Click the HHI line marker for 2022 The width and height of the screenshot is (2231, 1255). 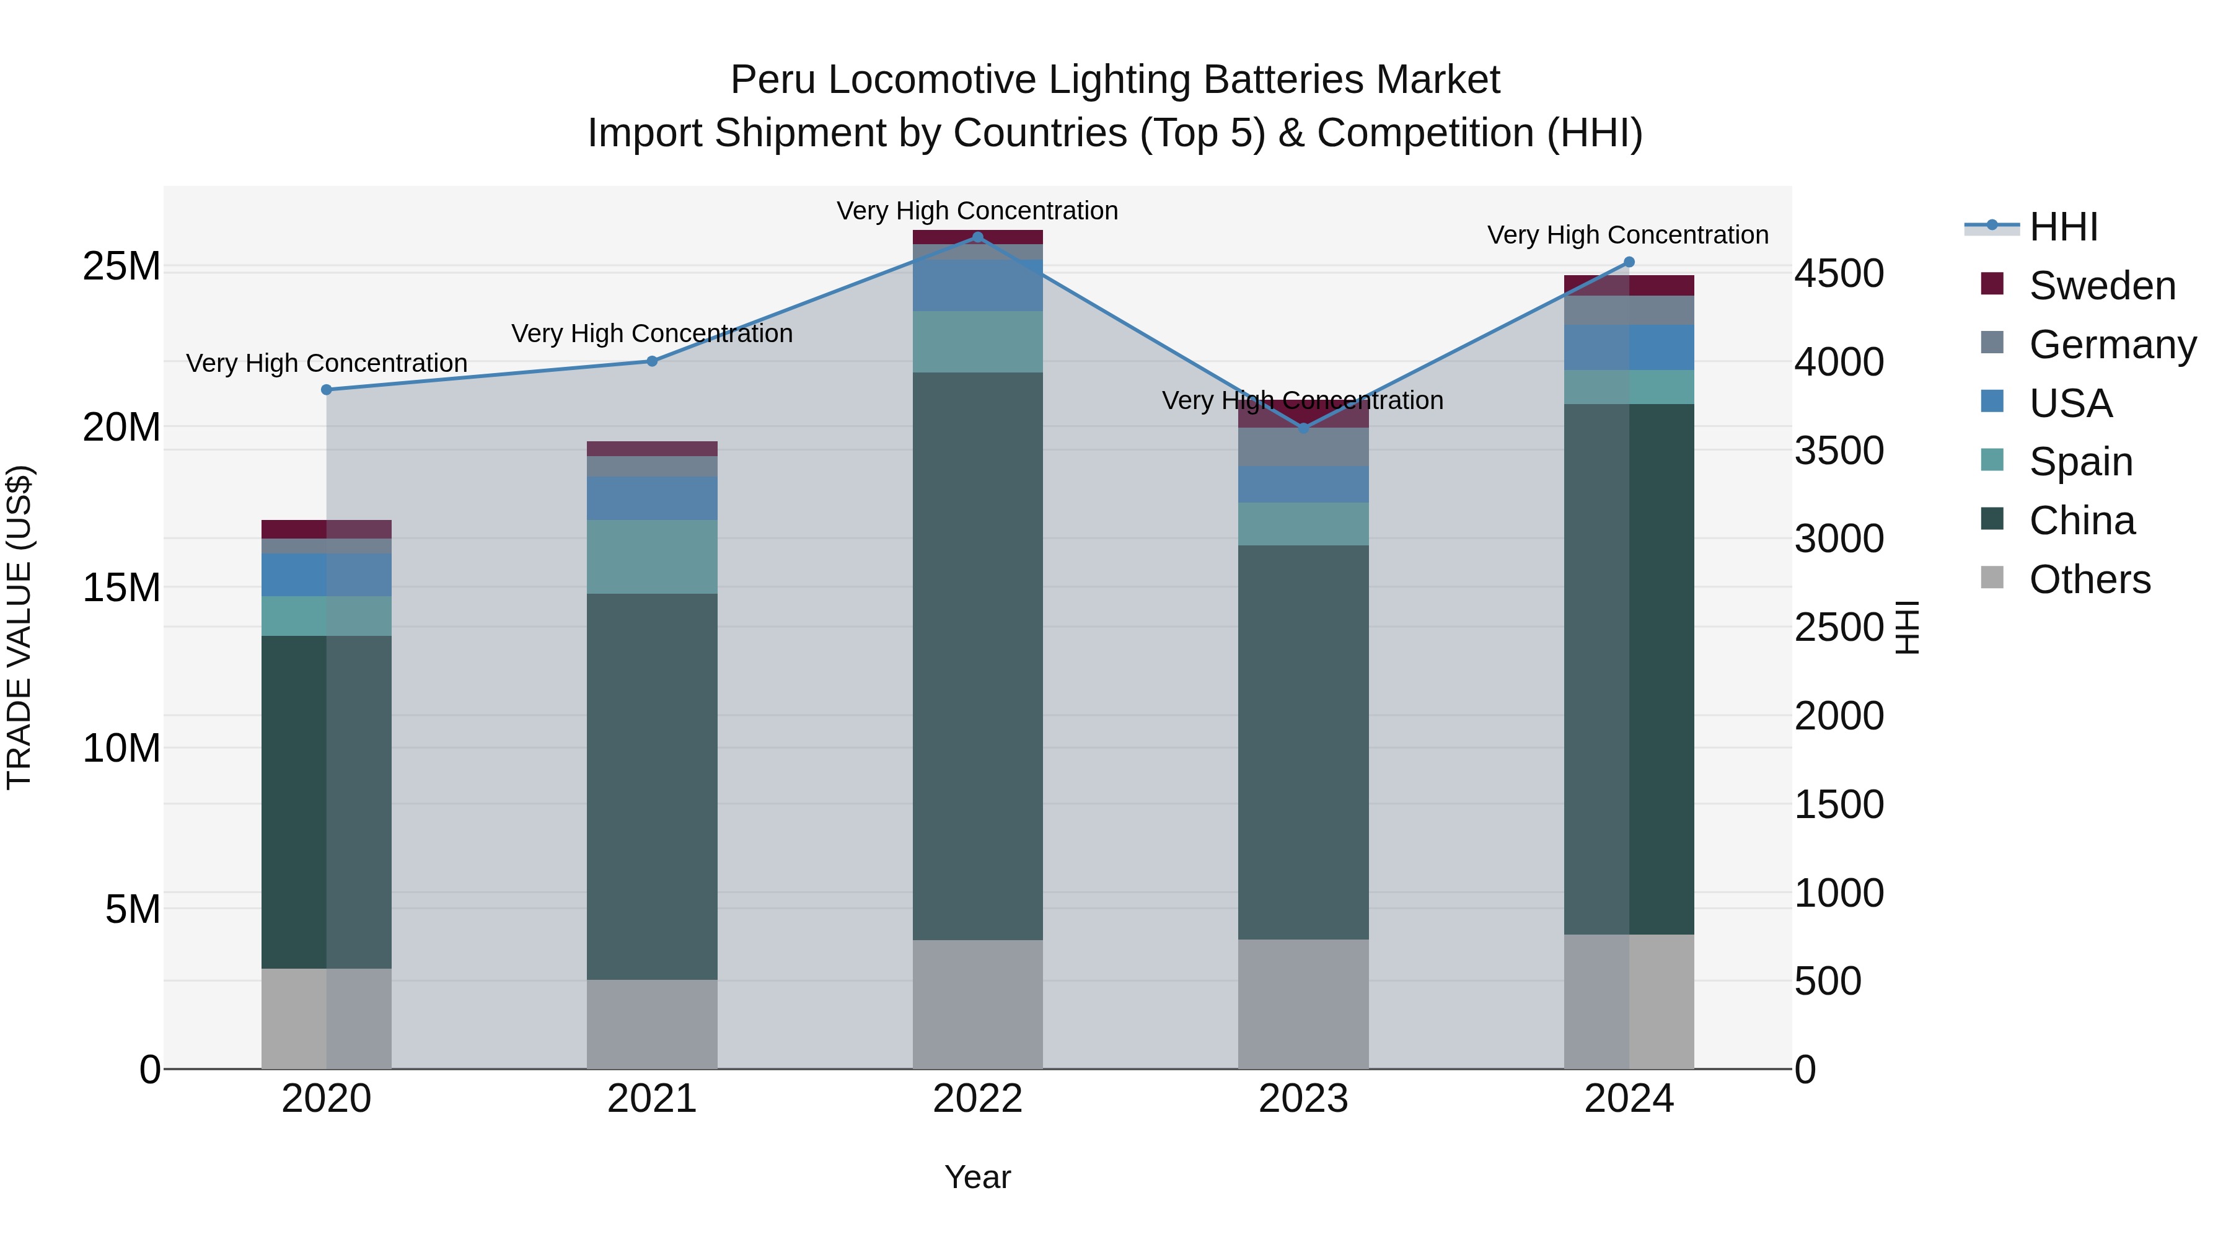click(978, 237)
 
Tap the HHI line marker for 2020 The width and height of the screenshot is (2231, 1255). click(327, 390)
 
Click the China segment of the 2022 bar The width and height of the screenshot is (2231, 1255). click(978, 656)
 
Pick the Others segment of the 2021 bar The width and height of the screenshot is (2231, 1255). click(652, 1024)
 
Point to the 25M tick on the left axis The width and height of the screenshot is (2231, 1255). click(121, 266)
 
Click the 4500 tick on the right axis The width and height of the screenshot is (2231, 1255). click(1839, 274)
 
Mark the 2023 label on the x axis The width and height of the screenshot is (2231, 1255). click(1303, 1099)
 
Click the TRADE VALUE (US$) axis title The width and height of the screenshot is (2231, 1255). click(19, 627)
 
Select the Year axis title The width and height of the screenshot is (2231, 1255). click(978, 1177)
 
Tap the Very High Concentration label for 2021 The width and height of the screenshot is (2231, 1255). click(652, 333)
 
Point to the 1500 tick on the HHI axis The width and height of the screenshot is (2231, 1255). click(1839, 804)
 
